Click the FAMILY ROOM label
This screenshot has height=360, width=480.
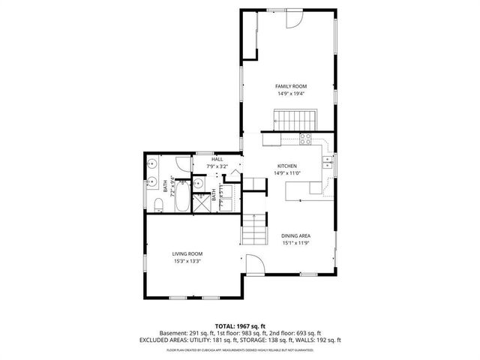292,86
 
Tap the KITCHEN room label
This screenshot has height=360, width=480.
288,166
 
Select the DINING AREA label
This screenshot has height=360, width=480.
295,235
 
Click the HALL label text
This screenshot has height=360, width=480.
217,159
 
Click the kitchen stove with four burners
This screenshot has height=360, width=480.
306,138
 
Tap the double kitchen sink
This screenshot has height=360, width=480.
328,160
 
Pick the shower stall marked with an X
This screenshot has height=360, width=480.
201,203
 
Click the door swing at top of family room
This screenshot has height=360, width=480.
294,20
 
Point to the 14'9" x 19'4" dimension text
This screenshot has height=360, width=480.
292,94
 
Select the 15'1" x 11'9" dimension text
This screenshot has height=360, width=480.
295,243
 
